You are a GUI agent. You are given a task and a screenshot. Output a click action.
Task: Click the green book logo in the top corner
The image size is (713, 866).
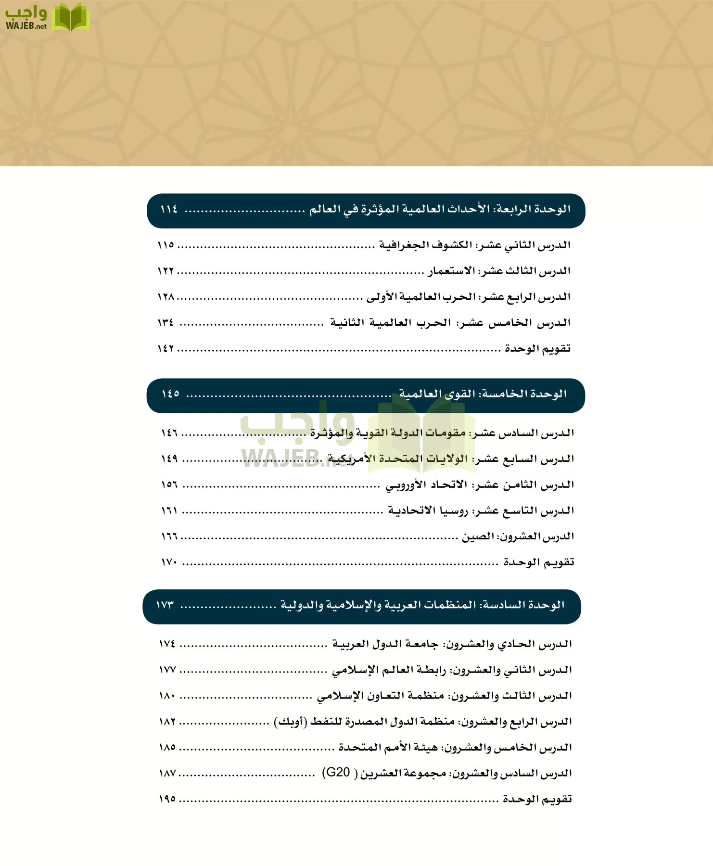[71, 17]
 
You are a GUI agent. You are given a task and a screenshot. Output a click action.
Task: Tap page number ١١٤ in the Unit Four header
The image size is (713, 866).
[169, 209]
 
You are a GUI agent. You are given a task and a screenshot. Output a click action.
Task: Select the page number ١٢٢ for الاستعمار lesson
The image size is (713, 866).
[166, 271]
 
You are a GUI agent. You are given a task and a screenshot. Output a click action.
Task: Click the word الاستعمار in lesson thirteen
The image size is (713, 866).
[452, 271]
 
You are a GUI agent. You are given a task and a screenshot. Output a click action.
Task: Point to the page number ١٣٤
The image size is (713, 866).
[166, 322]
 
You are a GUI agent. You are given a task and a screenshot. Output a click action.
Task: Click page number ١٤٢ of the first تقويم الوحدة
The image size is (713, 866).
[166, 348]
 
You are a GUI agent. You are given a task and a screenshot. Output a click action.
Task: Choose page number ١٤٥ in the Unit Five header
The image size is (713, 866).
[170, 394]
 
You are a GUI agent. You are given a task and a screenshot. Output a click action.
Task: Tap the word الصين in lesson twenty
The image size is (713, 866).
[478, 536]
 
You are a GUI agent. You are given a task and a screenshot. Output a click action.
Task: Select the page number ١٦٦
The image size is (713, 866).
[169, 536]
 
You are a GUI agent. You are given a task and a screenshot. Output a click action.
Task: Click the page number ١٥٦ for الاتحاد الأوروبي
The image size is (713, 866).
[169, 484]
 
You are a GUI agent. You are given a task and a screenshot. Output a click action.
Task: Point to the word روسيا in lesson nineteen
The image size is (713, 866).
[454, 510]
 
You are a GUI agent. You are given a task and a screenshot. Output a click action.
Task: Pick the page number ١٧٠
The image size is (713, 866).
[169, 562]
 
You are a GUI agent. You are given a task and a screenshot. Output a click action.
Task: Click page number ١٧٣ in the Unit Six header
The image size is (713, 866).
[165, 605]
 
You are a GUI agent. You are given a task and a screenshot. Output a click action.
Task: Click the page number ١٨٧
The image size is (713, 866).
[167, 774]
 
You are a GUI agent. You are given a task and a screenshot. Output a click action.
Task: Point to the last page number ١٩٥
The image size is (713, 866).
[167, 799]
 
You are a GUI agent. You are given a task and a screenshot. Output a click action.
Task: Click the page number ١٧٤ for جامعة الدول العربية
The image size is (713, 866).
[167, 644]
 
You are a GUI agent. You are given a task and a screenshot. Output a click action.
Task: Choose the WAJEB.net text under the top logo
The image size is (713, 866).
[26, 26]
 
